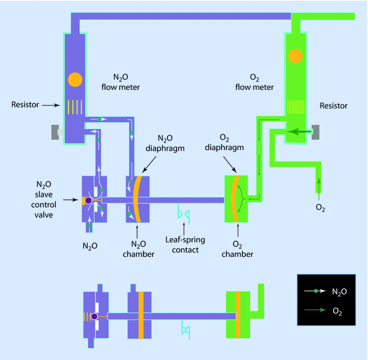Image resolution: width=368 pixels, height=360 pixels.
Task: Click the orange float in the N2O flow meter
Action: [x=75, y=79]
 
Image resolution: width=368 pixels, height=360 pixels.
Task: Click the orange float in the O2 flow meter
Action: [x=295, y=56]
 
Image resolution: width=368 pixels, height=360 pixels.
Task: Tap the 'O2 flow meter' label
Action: [x=259, y=82]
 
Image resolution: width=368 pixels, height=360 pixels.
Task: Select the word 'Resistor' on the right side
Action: [x=334, y=106]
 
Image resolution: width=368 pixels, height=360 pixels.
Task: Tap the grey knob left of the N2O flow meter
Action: [x=57, y=132]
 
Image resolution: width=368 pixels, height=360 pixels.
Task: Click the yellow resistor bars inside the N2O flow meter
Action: [x=74, y=106]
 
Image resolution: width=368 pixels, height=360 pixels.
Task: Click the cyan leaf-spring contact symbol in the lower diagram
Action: [x=186, y=331]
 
